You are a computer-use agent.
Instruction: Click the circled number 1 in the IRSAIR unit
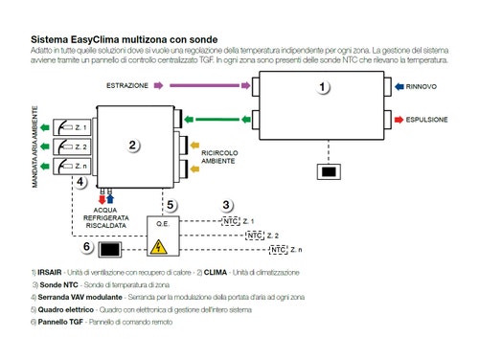click(323, 87)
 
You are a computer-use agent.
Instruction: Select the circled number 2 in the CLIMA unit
click(135, 146)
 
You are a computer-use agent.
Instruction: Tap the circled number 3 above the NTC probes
click(226, 205)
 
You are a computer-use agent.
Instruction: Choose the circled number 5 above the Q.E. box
click(170, 205)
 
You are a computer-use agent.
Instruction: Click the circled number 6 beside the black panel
click(87, 247)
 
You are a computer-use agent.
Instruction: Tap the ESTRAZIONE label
click(127, 85)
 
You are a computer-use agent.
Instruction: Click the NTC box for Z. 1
click(231, 221)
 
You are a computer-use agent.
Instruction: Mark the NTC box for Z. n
click(278, 250)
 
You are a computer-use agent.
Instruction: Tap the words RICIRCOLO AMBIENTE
click(221, 156)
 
